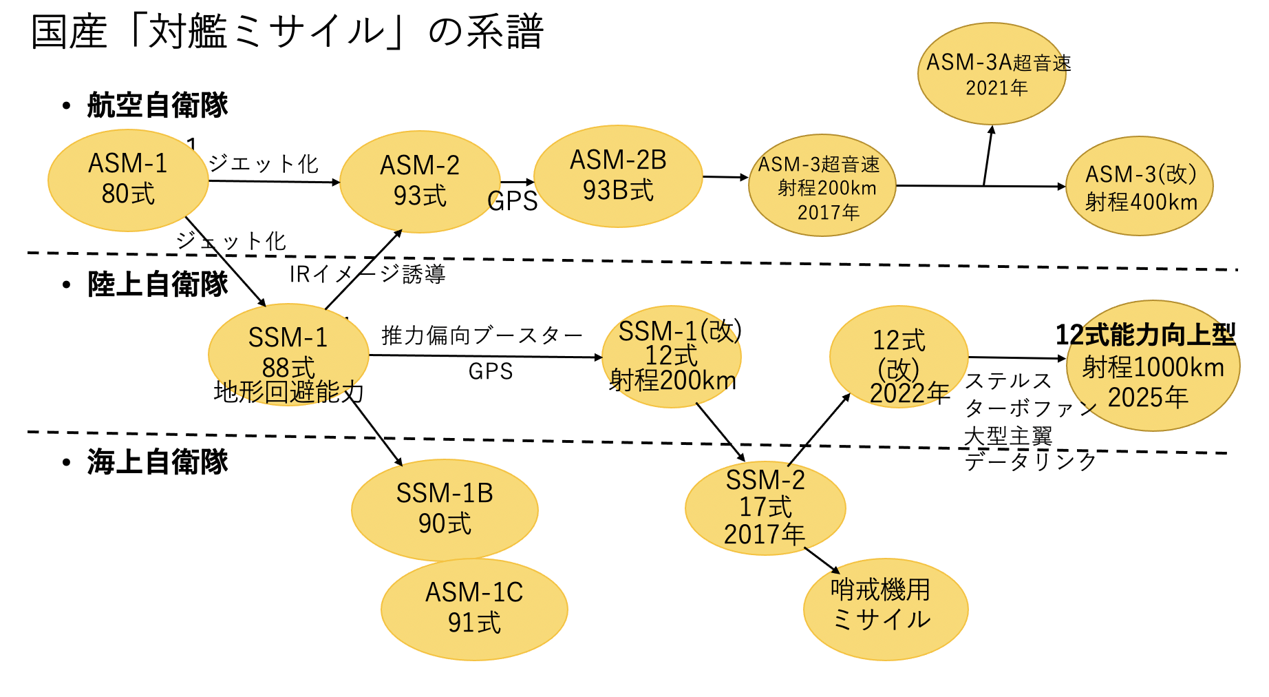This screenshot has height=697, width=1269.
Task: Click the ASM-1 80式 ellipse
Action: [128, 180]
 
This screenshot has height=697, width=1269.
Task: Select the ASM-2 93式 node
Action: [420, 181]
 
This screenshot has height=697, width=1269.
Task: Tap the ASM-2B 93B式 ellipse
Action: [618, 176]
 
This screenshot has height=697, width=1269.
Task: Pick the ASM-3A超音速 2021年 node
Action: [992, 74]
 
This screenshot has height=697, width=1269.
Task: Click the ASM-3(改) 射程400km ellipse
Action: [1140, 186]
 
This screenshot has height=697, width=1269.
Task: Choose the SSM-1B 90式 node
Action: [445, 509]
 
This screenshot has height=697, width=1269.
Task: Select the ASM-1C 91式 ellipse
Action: [474, 608]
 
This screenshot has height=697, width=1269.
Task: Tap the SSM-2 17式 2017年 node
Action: [765, 508]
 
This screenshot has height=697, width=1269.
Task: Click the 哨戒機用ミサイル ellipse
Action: [886, 608]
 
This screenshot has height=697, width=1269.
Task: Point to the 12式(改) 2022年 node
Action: [899, 356]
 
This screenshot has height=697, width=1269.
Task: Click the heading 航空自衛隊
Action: [157, 105]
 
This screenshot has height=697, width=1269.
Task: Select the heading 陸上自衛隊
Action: [157, 284]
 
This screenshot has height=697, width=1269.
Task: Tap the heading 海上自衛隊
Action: [157, 461]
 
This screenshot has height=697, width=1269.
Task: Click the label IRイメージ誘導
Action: [367, 274]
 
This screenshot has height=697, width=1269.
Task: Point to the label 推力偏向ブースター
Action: [482, 335]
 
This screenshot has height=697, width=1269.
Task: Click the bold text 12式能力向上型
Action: [1145, 335]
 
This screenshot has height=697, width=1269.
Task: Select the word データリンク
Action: [1030, 461]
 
